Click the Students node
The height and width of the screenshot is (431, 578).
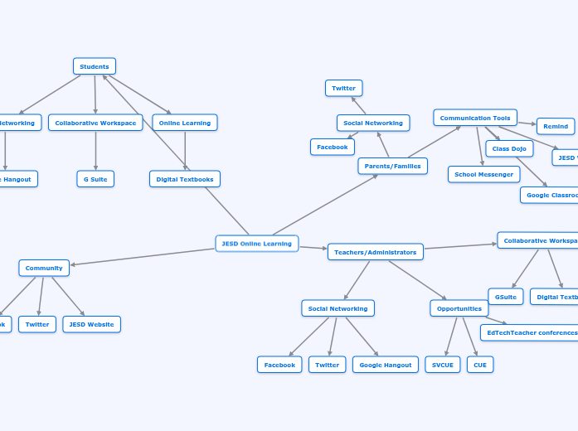pyautogui.click(x=95, y=66)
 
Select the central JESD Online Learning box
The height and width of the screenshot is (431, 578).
pyautogui.click(x=256, y=244)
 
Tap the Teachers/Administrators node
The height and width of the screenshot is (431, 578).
pyautogui.click(x=375, y=252)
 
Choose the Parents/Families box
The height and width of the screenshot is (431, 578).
pyautogui.click(x=392, y=166)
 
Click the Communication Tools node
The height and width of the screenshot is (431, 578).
pyautogui.click(x=474, y=118)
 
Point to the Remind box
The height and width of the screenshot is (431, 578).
pyautogui.click(x=555, y=126)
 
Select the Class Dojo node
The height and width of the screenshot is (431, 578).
pyautogui.click(x=508, y=149)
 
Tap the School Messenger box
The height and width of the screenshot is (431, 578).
pyautogui.click(x=483, y=174)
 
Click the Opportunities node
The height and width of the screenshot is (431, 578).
pyautogui.click(x=459, y=308)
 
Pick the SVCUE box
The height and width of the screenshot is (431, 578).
pyautogui.click(x=442, y=365)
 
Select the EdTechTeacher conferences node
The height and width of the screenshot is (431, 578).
pyautogui.click(x=531, y=332)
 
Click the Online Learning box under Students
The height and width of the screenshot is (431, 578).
pyautogui.click(x=184, y=123)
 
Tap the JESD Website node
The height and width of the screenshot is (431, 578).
pyautogui.click(x=91, y=324)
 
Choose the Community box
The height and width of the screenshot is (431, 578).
pyautogui.click(x=44, y=268)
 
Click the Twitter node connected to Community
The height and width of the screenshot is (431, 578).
pyautogui.click(x=37, y=324)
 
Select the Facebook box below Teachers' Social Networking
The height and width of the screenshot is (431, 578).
pyautogui.click(x=279, y=365)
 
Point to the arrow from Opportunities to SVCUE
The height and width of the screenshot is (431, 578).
pyautogui.click(x=450, y=337)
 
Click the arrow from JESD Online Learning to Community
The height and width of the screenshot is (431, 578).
pyautogui.click(x=141, y=257)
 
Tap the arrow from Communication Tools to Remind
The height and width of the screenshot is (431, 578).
pyautogui.click(x=527, y=123)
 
